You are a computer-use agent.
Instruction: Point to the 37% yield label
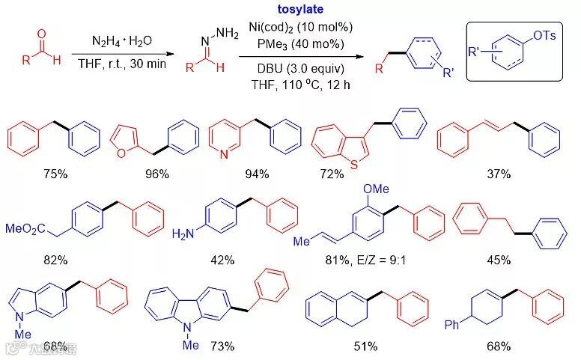click(496, 174)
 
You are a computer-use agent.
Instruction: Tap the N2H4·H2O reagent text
click(121, 40)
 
